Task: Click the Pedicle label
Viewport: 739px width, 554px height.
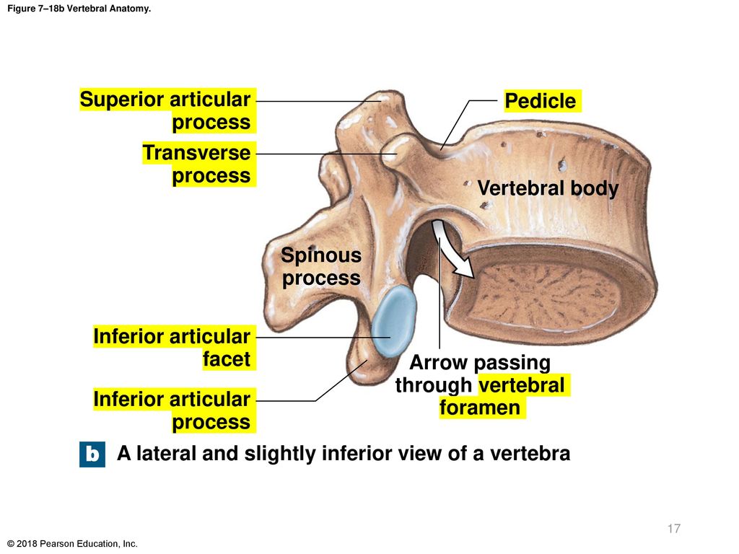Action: pyautogui.click(x=540, y=101)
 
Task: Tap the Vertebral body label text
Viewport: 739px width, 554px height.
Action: pyautogui.click(x=548, y=188)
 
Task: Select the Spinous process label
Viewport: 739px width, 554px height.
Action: pyautogui.click(x=321, y=267)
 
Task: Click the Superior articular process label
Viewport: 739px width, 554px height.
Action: pyautogui.click(x=165, y=110)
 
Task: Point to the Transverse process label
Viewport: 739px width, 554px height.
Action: pyautogui.click(x=197, y=164)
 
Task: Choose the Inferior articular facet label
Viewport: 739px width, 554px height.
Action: pyautogui.click(x=172, y=348)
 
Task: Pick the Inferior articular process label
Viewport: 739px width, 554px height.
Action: pyautogui.click(x=172, y=410)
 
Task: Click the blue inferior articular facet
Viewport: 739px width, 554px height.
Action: pyautogui.click(x=393, y=321)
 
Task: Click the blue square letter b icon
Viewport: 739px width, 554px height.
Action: pyautogui.click(x=92, y=454)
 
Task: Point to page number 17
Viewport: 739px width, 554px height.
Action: pyautogui.click(x=674, y=529)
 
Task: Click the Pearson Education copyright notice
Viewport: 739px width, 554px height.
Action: pyautogui.click(x=73, y=544)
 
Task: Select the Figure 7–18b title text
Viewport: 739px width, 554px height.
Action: pyautogui.click(x=79, y=9)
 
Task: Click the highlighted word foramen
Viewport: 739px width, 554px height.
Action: pyautogui.click(x=480, y=408)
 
